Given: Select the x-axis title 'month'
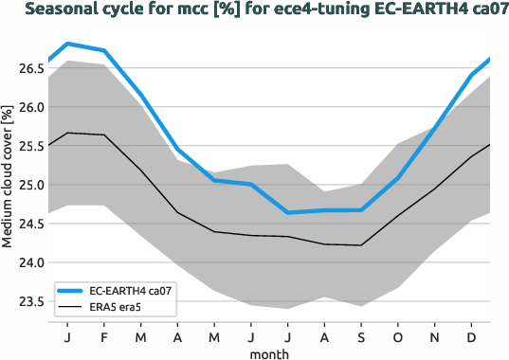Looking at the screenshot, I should point(269,352).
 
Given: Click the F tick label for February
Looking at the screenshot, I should point(103,335).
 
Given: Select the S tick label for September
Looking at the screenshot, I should point(361,335).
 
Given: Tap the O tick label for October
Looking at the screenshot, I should point(398,335).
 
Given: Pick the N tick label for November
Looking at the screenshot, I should point(435,335).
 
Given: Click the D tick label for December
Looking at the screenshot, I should point(472,335).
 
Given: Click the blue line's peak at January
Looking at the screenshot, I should point(67,44).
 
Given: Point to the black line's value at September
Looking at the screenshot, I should point(361,245).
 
